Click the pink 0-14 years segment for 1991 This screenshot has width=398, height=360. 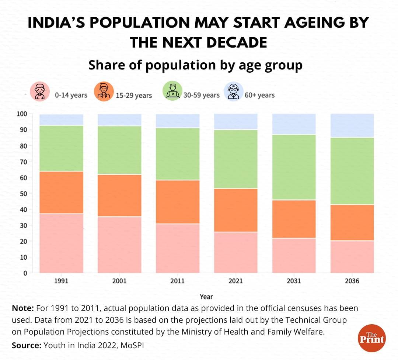pyautogui.click(x=61, y=243)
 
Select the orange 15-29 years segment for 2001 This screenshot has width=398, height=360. pyautogui.click(x=119, y=195)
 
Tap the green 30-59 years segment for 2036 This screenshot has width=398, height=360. pyautogui.click(x=352, y=171)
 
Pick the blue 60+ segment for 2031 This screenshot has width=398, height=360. pyautogui.click(x=294, y=124)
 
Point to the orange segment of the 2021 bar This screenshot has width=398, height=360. pyautogui.click(x=236, y=210)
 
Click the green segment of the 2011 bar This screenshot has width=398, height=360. pyautogui.click(x=178, y=154)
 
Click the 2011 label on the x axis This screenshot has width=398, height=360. pyautogui.click(x=178, y=281)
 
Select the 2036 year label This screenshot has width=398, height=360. pyautogui.click(x=352, y=281)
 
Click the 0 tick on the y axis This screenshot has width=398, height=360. pyautogui.click(x=25, y=273)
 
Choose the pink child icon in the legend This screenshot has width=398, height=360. pyautogui.click(x=39, y=92)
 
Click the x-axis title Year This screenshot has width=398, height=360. pyautogui.click(x=206, y=296)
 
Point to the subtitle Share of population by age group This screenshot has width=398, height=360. pyautogui.click(x=195, y=65)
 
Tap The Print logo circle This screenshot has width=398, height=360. pyautogui.click(x=371, y=339)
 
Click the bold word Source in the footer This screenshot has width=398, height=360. pyautogui.click(x=26, y=346)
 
